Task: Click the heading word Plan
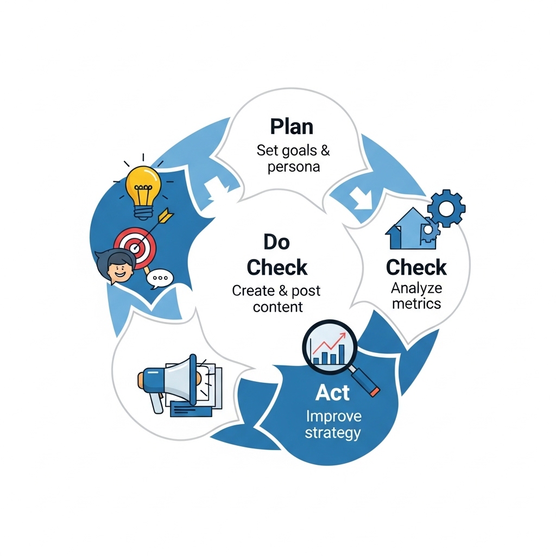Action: tap(292, 127)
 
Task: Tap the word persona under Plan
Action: tap(294, 167)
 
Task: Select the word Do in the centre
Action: tap(276, 242)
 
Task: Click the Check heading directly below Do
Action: tap(277, 267)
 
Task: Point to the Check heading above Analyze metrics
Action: tap(416, 267)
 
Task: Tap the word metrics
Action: tap(416, 304)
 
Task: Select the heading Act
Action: tap(333, 393)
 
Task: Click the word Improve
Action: tap(334, 416)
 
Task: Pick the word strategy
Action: tap(333, 433)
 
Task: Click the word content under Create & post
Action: tap(278, 307)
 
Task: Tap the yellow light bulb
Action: tap(143, 192)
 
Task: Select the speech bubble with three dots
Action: tap(160, 279)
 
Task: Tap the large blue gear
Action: tap(446, 208)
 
